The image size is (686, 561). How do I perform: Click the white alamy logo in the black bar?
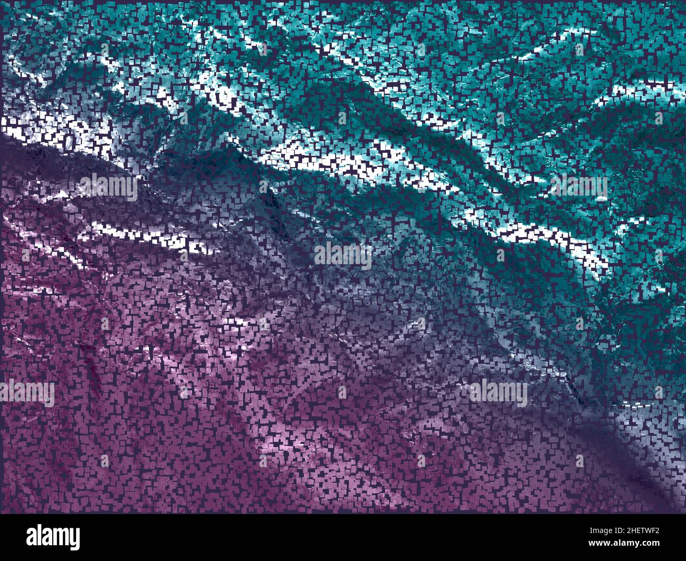point(53,537)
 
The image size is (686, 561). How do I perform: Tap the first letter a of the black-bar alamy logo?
point(32,538)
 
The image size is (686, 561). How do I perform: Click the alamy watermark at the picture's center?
point(343,256)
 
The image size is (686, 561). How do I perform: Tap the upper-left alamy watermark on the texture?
point(109,186)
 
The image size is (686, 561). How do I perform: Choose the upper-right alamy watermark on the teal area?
point(578,187)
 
